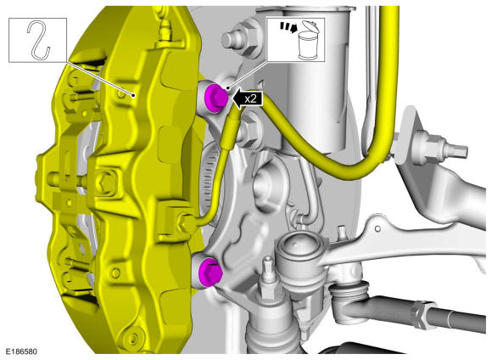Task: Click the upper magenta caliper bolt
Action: [215, 97]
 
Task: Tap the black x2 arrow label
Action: [247, 98]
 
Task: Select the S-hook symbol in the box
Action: [38, 40]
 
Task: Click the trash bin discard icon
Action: [307, 41]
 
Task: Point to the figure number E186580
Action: [21, 351]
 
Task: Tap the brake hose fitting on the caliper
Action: [186, 222]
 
